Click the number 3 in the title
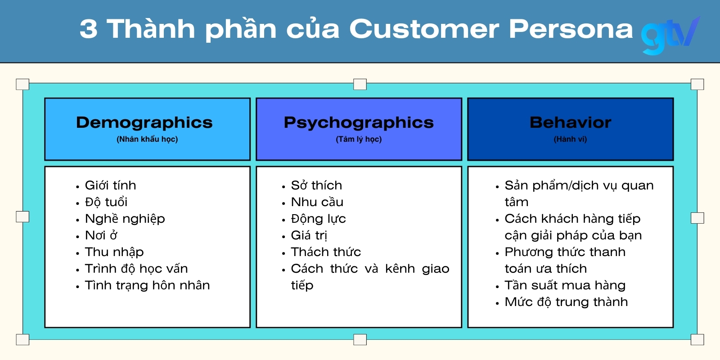89,29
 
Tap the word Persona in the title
571,29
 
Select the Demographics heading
144,122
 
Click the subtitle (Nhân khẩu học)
147,139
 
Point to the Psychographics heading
359,122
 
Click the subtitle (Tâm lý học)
359,139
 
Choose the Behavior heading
570,122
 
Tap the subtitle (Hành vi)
570,139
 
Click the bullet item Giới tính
110,185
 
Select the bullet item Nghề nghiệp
125,219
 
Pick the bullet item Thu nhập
114,252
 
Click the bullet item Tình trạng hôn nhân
147,285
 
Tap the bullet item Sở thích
316,185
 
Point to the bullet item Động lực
318,219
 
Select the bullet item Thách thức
326,252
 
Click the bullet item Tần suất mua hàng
565,285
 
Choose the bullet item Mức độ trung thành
566,302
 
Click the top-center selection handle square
360,84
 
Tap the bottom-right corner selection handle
697,339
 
